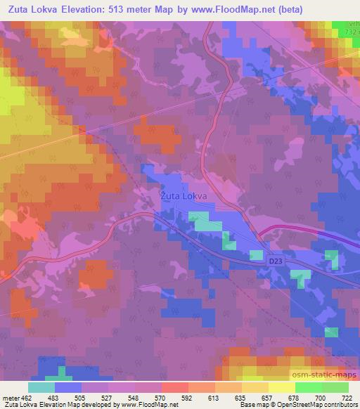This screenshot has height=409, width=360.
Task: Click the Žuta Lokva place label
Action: [184, 197]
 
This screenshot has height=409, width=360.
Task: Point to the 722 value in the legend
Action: [345, 397]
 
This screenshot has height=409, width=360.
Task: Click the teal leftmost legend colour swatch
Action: [41, 387]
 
